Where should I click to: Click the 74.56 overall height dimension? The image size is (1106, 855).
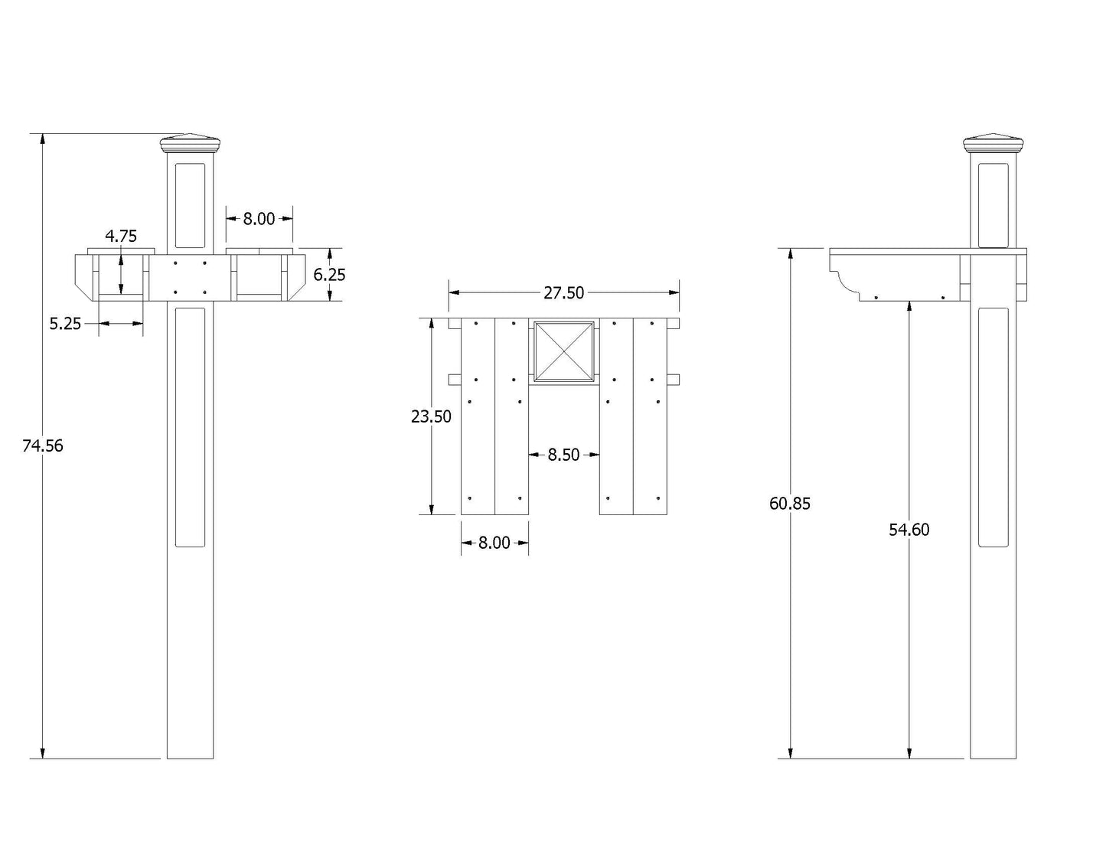(x=43, y=445)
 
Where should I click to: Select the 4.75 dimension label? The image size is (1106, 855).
(x=121, y=237)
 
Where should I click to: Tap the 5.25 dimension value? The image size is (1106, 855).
(x=65, y=324)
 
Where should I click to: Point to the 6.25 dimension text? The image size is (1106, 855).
(x=329, y=275)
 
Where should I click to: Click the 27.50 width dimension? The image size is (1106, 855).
(x=564, y=293)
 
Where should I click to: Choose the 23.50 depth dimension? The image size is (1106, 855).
(x=431, y=417)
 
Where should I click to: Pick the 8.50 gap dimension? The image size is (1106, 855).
(x=564, y=455)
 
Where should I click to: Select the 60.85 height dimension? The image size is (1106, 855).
(x=789, y=504)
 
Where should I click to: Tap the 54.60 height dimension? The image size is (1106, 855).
(x=909, y=530)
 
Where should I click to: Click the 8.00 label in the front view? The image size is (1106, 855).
(x=259, y=219)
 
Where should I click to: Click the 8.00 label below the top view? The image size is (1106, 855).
(x=494, y=543)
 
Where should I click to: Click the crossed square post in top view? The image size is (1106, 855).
(x=564, y=351)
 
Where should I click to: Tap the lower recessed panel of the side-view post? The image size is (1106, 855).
(x=993, y=427)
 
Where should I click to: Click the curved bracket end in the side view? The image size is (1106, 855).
(x=845, y=282)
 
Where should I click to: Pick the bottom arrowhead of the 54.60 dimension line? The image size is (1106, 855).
(x=909, y=752)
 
